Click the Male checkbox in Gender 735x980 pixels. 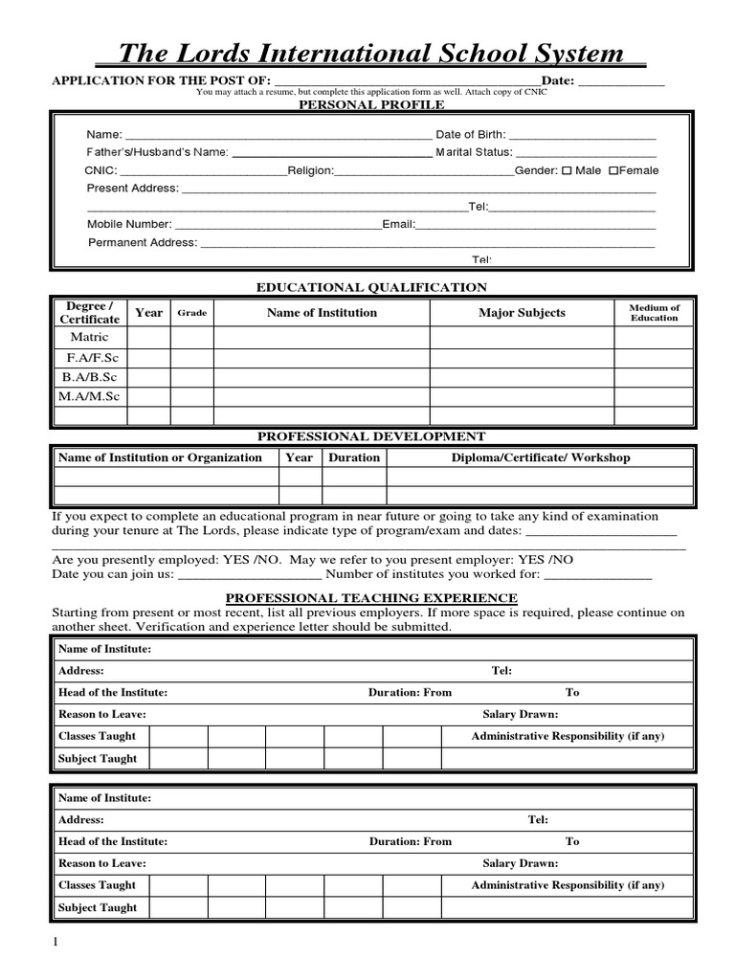pos(567,170)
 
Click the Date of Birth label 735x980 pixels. pos(470,134)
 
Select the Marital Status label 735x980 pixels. pos(474,152)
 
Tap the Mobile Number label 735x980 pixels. pos(129,224)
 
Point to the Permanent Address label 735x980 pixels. pos(143,242)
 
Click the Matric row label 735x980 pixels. pos(90,337)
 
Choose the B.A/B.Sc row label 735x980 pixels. pos(90,376)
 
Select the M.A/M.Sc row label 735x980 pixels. pos(90,396)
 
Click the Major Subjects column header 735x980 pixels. pos(522,313)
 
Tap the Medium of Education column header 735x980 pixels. pos(654,313)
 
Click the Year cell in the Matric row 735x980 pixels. pos(148,337)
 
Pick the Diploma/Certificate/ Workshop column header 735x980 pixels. pos(541,457)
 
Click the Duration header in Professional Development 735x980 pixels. pos(354,457)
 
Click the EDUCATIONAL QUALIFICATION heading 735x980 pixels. pos(371,287)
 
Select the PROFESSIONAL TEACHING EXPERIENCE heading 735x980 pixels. pos(371,598)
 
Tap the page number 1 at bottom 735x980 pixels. pos(56,943)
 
